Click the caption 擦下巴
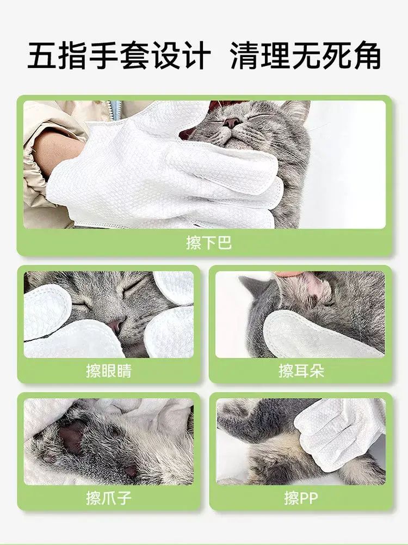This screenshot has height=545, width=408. click(209, 242)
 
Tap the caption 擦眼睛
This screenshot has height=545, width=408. click(109, 371)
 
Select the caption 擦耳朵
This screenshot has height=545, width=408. click(301, 371)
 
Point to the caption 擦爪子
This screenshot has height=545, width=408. click(109, 498)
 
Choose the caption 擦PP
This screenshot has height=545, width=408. click(301, 498)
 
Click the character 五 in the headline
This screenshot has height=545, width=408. click(42, 56)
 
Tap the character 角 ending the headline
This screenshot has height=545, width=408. click(367, 56)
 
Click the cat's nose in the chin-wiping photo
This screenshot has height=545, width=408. click(231, 123)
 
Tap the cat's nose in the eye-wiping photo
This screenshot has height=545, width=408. click(116, 326)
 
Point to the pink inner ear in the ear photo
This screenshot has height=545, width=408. click(316, 283)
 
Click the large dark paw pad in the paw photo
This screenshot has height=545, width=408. click(71, 435)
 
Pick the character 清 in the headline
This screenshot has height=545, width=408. click(244, 56)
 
